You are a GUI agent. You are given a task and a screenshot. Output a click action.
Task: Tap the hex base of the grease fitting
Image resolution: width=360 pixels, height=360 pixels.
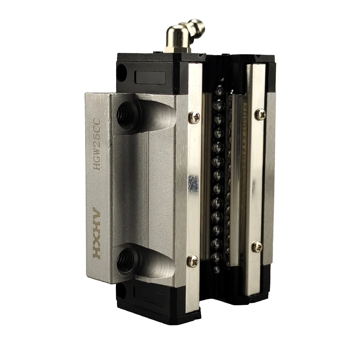[x=177, y=48]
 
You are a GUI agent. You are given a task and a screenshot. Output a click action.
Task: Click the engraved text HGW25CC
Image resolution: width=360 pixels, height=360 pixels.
[x=97, y=144]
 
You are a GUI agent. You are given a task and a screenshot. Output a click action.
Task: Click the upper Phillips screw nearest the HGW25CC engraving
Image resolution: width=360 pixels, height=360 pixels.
[x=194, y=117]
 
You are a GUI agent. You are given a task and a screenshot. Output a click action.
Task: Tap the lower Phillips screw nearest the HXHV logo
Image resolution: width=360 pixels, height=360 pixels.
[x=193, y=261]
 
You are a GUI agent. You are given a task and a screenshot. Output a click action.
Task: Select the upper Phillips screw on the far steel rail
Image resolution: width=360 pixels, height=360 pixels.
[x=260, y=114]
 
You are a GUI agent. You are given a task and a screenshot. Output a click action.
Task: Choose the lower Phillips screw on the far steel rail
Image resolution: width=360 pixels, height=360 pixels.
[x=257, y=246]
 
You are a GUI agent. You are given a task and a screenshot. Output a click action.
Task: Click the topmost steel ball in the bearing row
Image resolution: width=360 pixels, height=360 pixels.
[x=219, y=91]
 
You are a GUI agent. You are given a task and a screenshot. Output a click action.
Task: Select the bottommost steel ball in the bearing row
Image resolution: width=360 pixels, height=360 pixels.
[x=217, y=269]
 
